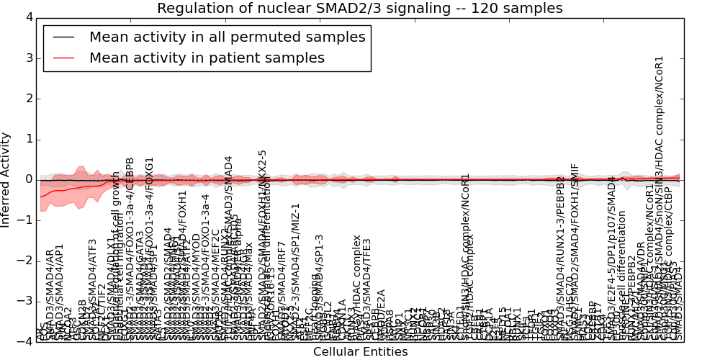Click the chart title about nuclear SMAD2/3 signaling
359,9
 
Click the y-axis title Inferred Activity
6,179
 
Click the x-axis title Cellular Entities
360,352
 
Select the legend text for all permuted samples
227,37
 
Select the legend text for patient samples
207,58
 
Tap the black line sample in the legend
63,37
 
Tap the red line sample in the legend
63,58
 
